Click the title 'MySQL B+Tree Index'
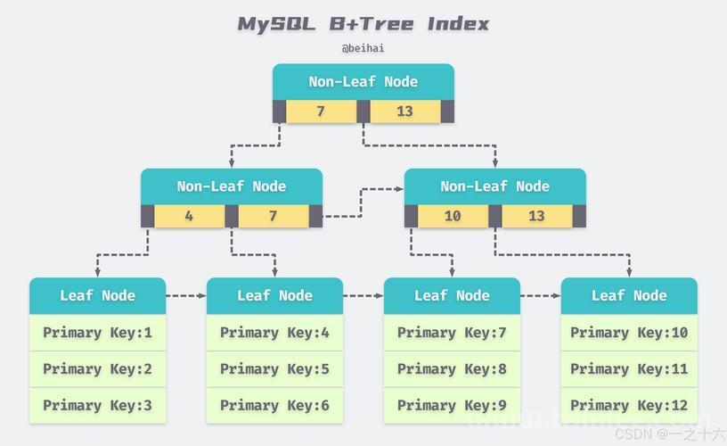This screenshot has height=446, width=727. coord(363,24)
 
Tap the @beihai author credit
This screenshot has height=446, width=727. coord(363,48)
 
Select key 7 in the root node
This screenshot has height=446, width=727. coord(321,111)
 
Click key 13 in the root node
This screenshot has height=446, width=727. coord(404,111)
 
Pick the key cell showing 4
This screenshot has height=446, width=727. coord(189,216)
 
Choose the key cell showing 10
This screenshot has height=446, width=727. coord(453,216)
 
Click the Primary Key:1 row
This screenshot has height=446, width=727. coord(97,333)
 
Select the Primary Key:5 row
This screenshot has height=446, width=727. coord(274,369)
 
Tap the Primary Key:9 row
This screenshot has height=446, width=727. coord(452,406)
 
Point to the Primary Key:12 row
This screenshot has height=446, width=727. coord(629,406)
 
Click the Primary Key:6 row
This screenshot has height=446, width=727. coord(274,406)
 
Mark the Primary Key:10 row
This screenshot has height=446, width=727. coord(629,333)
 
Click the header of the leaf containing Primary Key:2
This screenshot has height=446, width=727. coord(97,295)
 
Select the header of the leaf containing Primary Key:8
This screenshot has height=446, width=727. coord(452,295)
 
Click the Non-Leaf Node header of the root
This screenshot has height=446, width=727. coord(363,82)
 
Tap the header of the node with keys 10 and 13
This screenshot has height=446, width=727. coord(495,186)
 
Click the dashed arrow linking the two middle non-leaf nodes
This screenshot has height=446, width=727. coord(362,202)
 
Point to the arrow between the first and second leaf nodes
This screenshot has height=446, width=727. coord(186,295)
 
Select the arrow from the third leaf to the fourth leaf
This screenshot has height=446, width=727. coord(540,295)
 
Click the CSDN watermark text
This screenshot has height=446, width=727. coord(671,434)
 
